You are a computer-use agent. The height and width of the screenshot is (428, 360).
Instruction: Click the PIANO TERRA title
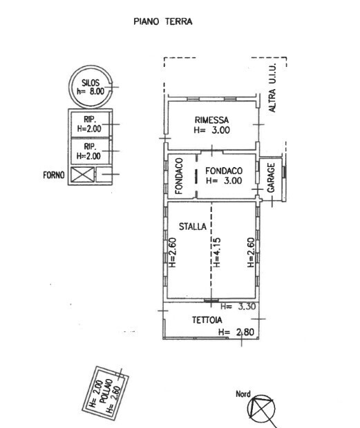coord(163,21)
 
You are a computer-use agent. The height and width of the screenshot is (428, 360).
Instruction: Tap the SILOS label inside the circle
coord(91,82)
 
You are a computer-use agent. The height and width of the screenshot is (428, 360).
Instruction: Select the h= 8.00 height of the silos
coord(91,91)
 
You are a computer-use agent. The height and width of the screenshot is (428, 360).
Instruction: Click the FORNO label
coord(54,175)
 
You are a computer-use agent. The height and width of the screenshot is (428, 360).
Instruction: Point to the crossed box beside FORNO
coord(82,175)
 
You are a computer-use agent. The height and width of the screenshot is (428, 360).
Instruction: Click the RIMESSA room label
coord(211,120)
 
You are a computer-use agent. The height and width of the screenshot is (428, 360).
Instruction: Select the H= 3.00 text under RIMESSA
coord(211,130)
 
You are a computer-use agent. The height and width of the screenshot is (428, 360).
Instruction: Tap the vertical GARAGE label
coord(271,177)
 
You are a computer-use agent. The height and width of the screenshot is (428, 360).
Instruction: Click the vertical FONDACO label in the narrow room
coord(179,176)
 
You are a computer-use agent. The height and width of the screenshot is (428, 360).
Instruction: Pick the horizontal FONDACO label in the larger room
coord(224,171)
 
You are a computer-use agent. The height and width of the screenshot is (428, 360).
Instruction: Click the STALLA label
coord(193,226)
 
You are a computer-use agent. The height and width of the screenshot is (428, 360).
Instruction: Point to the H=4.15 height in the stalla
coord(216,253)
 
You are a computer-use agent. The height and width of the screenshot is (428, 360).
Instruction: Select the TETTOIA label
coord(207,320)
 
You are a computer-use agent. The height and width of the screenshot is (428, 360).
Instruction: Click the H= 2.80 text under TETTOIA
coord(236,332)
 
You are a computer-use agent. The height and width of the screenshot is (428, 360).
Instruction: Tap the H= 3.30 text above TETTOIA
coord(238,307)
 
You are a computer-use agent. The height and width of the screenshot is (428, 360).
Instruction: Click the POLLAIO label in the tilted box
coord(106,391)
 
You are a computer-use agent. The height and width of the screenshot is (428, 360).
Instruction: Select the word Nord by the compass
coord(243,394)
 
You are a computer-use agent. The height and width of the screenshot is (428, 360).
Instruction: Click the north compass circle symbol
coord(261,409)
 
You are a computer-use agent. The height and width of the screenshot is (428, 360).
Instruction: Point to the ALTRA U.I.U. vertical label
coord(272,88)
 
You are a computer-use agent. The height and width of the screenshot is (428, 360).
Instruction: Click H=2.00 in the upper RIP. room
coord(89,128)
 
